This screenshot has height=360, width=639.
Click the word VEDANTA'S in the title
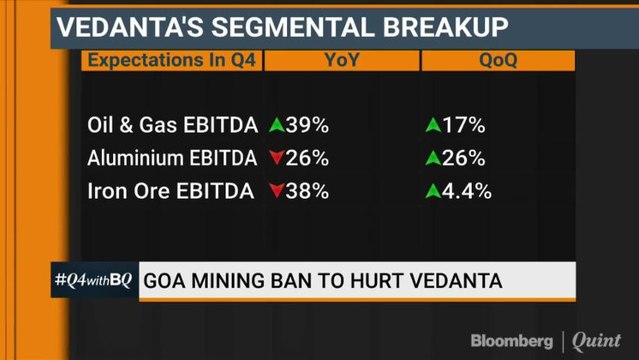click(x=116, y=26)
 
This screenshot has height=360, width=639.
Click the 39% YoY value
click(x=306, y=125)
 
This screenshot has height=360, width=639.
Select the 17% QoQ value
click(x=464, y=125)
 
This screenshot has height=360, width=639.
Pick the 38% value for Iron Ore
click(x=306, y=191)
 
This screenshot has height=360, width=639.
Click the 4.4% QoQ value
click(x=468, y=191)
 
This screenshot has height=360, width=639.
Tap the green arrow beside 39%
click(x=277, y=125)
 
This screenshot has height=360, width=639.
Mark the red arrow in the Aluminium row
click(x=277, y=159)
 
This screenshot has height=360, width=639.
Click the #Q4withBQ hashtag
click(x=92, y=279)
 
